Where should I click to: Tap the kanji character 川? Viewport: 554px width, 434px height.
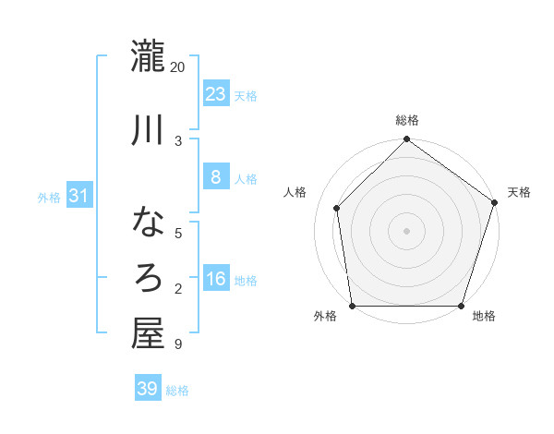147,130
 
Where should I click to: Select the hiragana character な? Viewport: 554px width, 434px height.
147,222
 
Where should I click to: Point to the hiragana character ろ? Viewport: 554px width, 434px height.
147,278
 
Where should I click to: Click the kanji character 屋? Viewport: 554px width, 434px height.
147,333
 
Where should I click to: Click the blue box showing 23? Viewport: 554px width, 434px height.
215,93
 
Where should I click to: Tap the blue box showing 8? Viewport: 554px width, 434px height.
215,177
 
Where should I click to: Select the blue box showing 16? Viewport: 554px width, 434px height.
215,279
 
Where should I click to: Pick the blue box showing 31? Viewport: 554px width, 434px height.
79,196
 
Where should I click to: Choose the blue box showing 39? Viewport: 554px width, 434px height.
147,389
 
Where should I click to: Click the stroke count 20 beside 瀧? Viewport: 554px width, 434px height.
178,67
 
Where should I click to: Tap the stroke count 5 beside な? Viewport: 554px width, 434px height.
178,233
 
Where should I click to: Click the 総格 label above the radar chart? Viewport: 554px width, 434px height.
406,120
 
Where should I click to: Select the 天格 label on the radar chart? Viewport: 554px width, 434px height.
519,192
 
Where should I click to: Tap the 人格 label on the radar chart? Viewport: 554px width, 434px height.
295,192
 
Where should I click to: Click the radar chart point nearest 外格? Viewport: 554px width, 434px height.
352,305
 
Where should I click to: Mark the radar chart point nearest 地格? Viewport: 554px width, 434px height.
461,305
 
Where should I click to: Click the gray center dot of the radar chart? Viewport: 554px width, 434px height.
406,230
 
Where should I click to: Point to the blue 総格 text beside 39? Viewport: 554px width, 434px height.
177,391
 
